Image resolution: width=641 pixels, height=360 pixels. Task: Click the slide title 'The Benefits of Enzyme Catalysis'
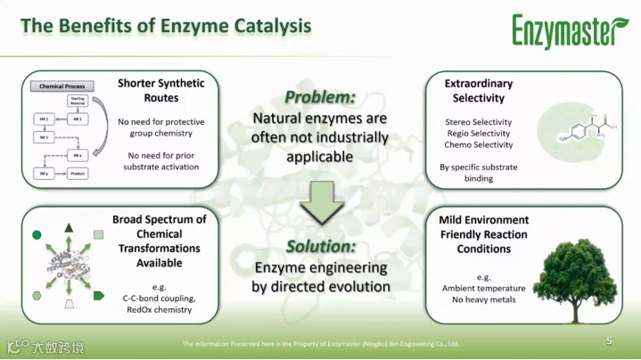(166, 26)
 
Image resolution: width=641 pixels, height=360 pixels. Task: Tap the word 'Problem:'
(320, 97)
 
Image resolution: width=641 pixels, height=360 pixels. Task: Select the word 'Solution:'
(320, 246)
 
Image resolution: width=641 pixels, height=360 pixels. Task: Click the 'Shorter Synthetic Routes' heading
(161, 90)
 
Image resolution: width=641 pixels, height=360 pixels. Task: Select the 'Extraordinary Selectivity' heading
(479, 90)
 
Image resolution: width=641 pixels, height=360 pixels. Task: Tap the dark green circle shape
(37, 234)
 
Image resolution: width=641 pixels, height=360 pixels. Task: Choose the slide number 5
(609, 341)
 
